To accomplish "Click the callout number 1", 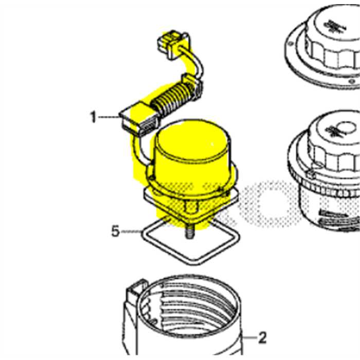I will tap(93, 118).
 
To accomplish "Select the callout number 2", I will tap(262, 338).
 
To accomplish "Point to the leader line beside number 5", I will tap(132, 232).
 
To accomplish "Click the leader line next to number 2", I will tap(249, 338).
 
